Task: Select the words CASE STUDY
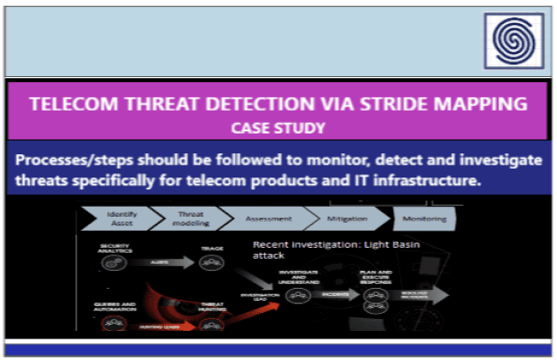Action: click(x=278, y=128)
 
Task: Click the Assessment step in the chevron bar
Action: click(x=263, y=219)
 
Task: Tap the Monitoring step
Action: click(x=425, y=219)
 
